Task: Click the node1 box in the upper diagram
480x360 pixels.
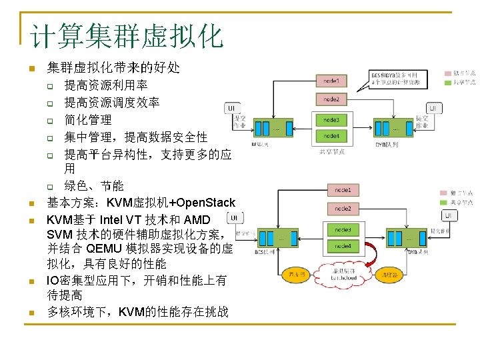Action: tap(331, 81)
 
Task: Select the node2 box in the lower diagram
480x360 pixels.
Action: tap(343, 209)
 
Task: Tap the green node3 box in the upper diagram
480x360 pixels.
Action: tap(331, 120)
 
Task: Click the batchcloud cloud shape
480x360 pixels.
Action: tap(344, 274)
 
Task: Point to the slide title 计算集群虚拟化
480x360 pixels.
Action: tap(127, 35)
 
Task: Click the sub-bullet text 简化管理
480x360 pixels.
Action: tap(88, 120)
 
